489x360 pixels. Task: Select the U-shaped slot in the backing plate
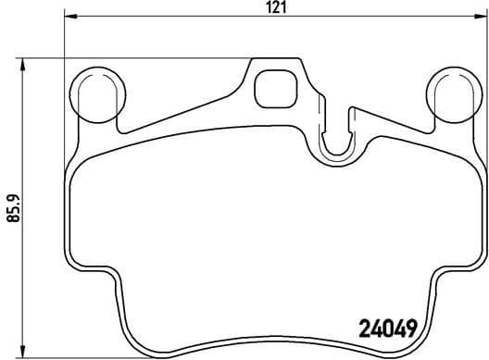pos(334,139)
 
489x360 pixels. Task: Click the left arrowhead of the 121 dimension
pos(69,19)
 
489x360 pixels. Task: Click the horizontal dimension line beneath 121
pos(185,19)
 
